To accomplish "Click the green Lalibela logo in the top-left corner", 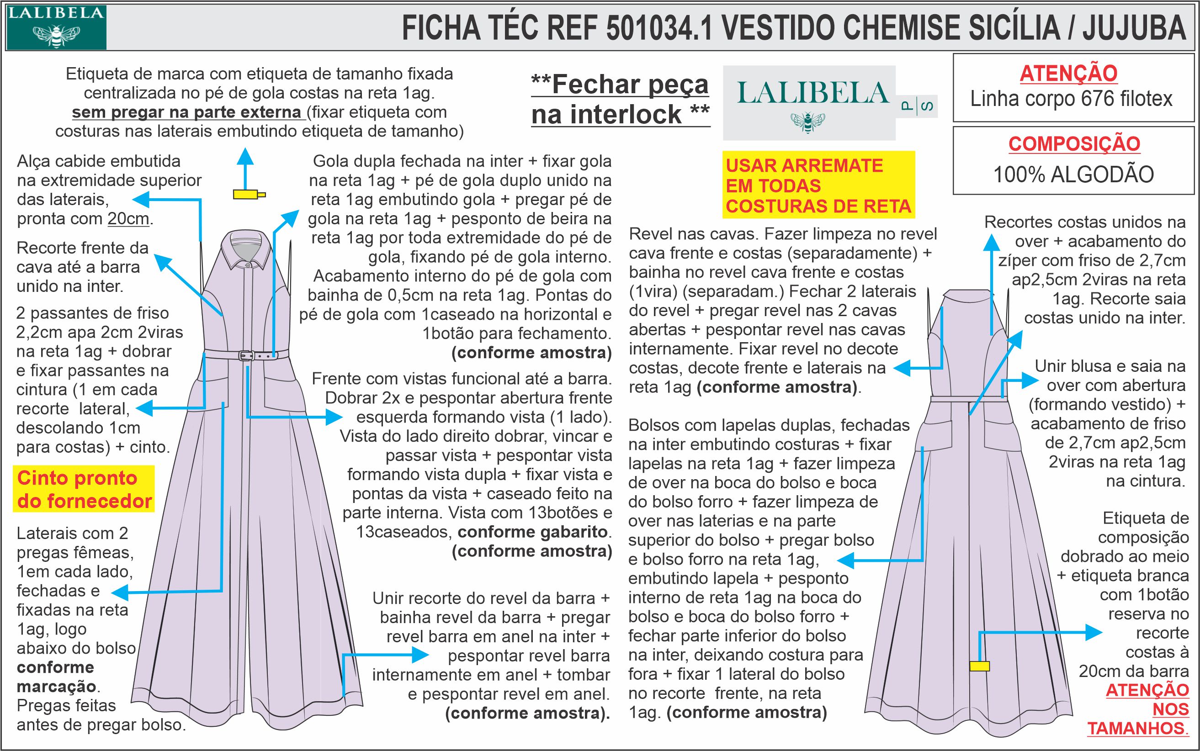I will (56, 27).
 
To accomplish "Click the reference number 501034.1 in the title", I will (659, 28).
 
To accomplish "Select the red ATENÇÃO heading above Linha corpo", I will (1068, 74).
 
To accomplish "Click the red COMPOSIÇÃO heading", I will (1074, 143).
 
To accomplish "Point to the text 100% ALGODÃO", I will (1073, 175).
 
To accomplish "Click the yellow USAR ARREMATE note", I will (818, 186).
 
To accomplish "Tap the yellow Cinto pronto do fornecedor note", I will (84, 489).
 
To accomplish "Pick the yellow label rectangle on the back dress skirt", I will (979, 666).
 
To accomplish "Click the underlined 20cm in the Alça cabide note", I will (128, 219).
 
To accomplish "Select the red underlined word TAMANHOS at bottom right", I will (1137, 728).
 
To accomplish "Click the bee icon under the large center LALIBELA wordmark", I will (808, 121).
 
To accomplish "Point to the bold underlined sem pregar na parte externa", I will (187, 112).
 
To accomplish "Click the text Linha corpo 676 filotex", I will (1072, 99).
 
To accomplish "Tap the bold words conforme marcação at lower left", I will (56, 677).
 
